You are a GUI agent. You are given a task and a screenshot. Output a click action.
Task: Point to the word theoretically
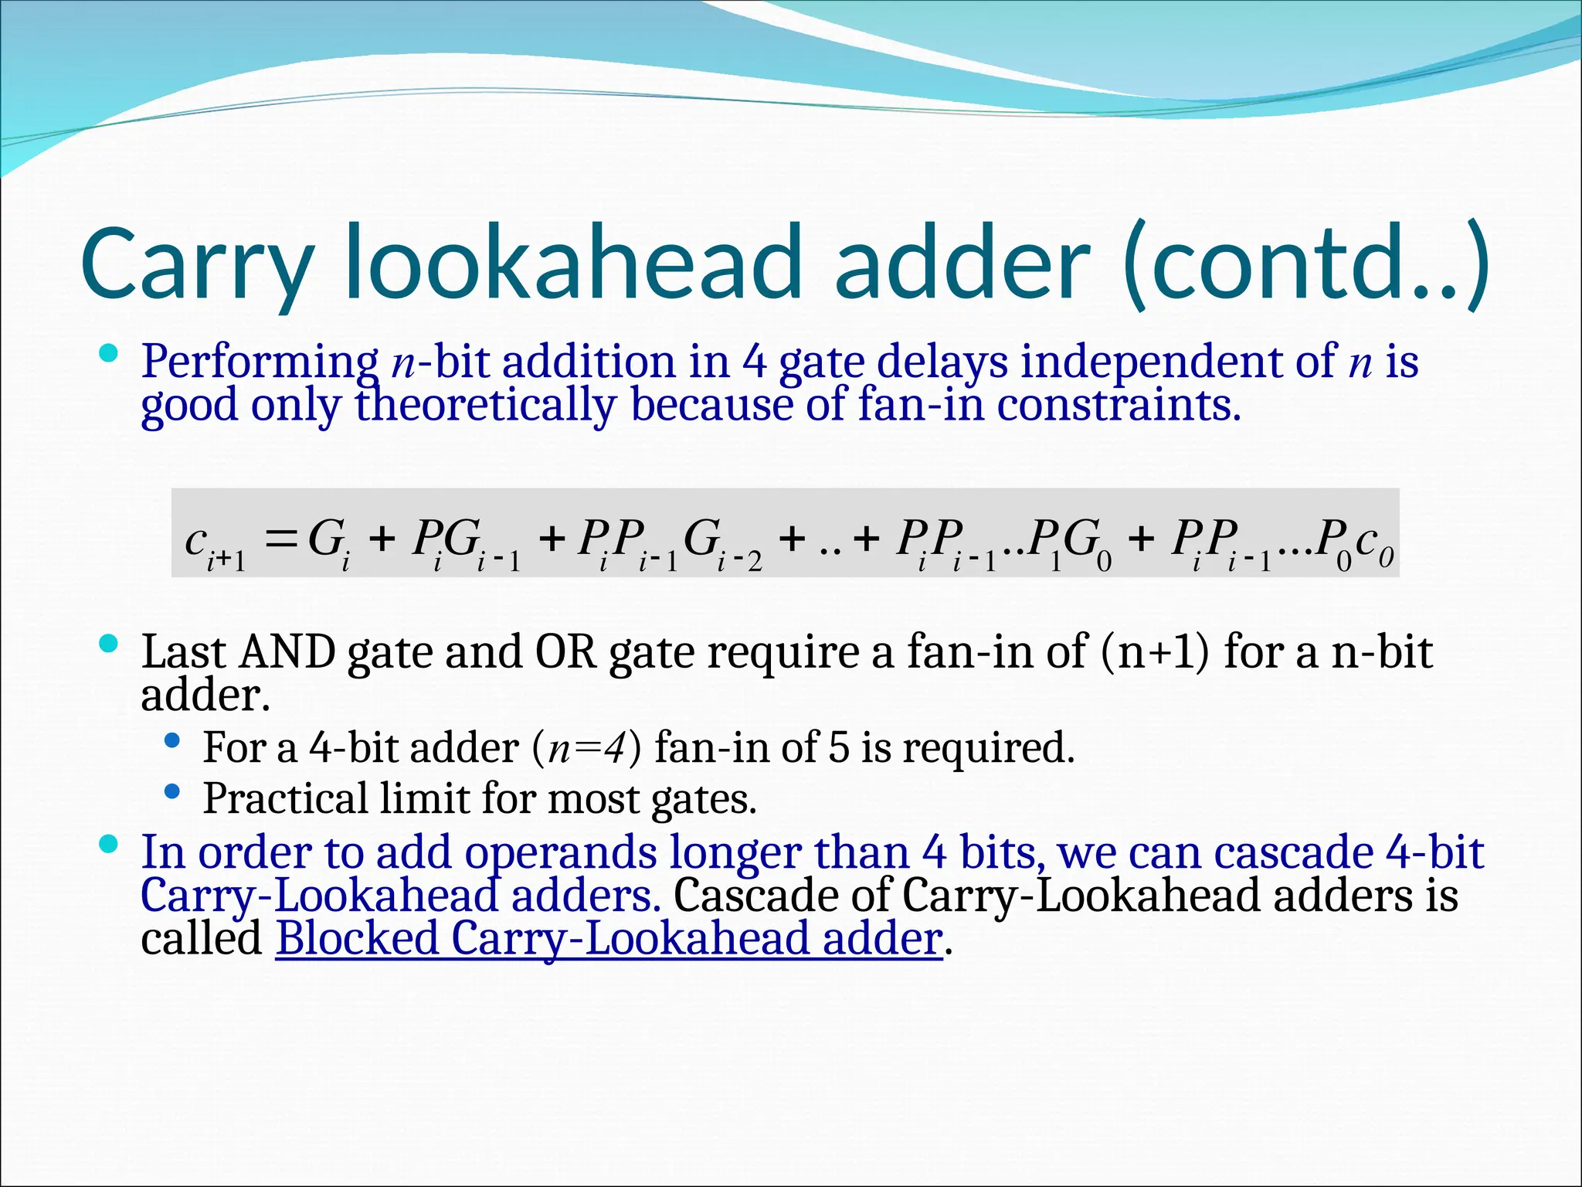click(x=485, y=405)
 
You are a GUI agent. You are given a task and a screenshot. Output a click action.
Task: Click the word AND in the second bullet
click(x=287, y=652)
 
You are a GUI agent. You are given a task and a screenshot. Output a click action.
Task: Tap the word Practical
click(x=285, y=798)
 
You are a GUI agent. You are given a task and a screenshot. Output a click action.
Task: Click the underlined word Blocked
click(x=358, y=939)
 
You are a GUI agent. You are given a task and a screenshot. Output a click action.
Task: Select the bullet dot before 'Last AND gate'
click(x=109, y=644)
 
